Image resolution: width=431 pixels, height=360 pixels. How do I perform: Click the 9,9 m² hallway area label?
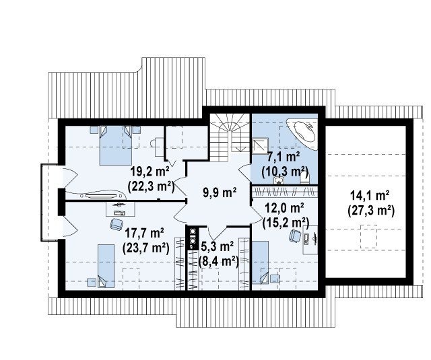click(x=220, y=192)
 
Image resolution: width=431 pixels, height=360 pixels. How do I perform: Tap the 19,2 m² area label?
click(x=150, y=172)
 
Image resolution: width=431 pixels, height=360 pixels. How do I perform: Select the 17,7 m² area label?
click(x=144, y=233)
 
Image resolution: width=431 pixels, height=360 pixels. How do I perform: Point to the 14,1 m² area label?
click(x=370, y=196)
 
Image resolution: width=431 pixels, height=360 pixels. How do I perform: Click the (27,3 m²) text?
click(x=371, y=211)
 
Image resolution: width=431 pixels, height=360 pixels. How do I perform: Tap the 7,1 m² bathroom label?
click(x=284, y=157)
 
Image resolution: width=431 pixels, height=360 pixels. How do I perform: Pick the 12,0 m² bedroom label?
click(x=284, y=207)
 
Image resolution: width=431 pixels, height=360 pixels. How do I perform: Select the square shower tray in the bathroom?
click(x=258, y=145)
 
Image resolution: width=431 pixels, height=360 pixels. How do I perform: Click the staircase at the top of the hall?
click(x=230, y=137)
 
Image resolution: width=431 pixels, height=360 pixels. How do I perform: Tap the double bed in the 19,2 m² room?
click(x=115, y=145)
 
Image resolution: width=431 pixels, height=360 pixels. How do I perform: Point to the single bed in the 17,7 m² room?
click(x=106, y=266)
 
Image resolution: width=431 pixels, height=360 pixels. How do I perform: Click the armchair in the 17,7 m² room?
click(x=117, y=224)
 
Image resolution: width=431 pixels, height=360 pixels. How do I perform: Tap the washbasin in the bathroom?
click(x=278, y=180)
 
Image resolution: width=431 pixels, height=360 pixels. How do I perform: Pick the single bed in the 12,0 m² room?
click(x=261, y=262)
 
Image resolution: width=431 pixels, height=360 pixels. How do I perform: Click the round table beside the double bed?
click(x=155, y=143)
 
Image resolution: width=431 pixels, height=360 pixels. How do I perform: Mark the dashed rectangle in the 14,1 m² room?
click(x=368, y=236)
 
